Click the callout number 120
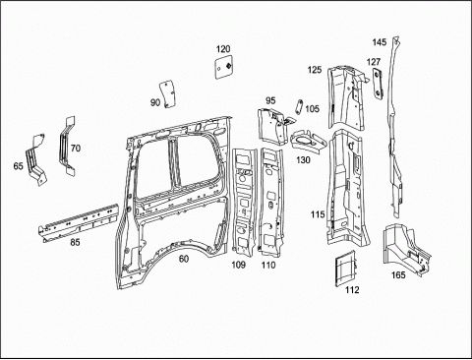(223, 49)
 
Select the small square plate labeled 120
(223, 67)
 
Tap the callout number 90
(155, 102)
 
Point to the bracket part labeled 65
(36, 159)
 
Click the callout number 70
(76, 149)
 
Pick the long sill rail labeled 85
(79, 222)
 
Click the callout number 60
(184, 259)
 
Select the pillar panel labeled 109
(243, 201)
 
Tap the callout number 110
(268, 265)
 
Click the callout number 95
(270, 100)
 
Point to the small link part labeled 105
(298, 107)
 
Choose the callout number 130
(303, 160)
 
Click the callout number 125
(315, 70)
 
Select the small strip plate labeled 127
(379, 84)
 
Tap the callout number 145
(380, 42)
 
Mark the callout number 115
(318, 214)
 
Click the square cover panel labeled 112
(345, 269)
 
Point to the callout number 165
(398, 275)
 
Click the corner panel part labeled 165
(406, 249)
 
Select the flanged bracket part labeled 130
(309, 142)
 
